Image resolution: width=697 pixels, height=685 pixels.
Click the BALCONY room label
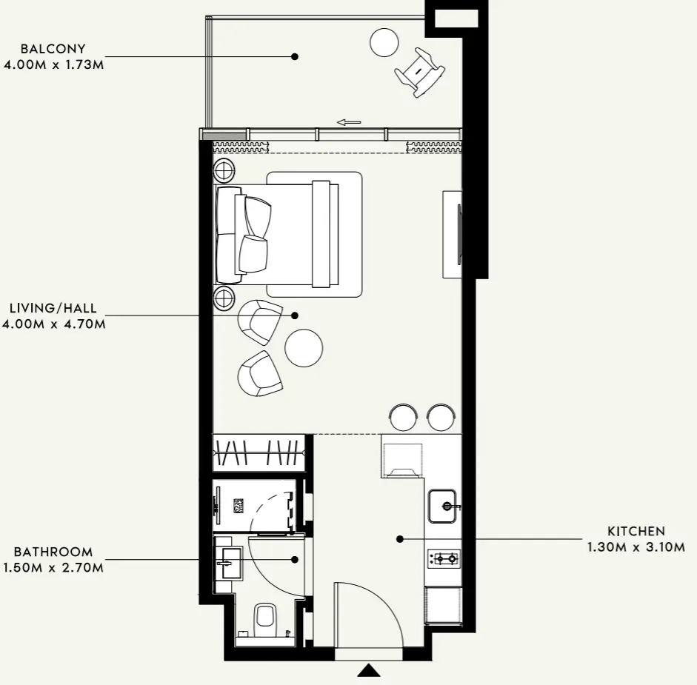(x=53, y=48)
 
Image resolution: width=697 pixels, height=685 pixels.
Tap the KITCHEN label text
(x=636, y=531)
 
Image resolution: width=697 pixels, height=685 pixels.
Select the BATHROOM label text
(x=53, y=552)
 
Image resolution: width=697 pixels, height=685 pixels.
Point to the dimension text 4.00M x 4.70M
(x=54, y=324)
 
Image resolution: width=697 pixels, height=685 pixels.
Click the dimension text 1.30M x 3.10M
(x=636, y=547)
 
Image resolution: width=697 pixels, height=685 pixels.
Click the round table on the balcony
(x=384, y=43)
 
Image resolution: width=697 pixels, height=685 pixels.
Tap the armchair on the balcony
(x=419, y=72)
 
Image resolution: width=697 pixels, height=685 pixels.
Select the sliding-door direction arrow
(x=349, y=122)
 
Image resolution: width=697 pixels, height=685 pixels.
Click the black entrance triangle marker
(x=369, y=670)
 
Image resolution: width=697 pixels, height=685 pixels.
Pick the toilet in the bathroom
(x=265, y=619)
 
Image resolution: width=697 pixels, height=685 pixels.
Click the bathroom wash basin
(x=230, y=564)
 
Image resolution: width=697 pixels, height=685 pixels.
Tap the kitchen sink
(x=442, y=506)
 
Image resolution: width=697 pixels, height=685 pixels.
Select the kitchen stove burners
(x=444, y=559)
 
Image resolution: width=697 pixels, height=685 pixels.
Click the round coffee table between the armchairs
(x=304, y=348)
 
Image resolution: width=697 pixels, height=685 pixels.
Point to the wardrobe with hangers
(x=259, y=452)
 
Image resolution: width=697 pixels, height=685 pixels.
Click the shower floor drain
(x=239, y=506)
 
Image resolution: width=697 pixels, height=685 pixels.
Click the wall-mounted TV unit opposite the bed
(x=453, y=234)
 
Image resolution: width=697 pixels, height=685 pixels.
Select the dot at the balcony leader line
(x=295, y=56)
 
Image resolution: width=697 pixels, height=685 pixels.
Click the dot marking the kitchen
(x=400, y=539)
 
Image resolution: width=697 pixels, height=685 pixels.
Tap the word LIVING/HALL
(x=53, y=308)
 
